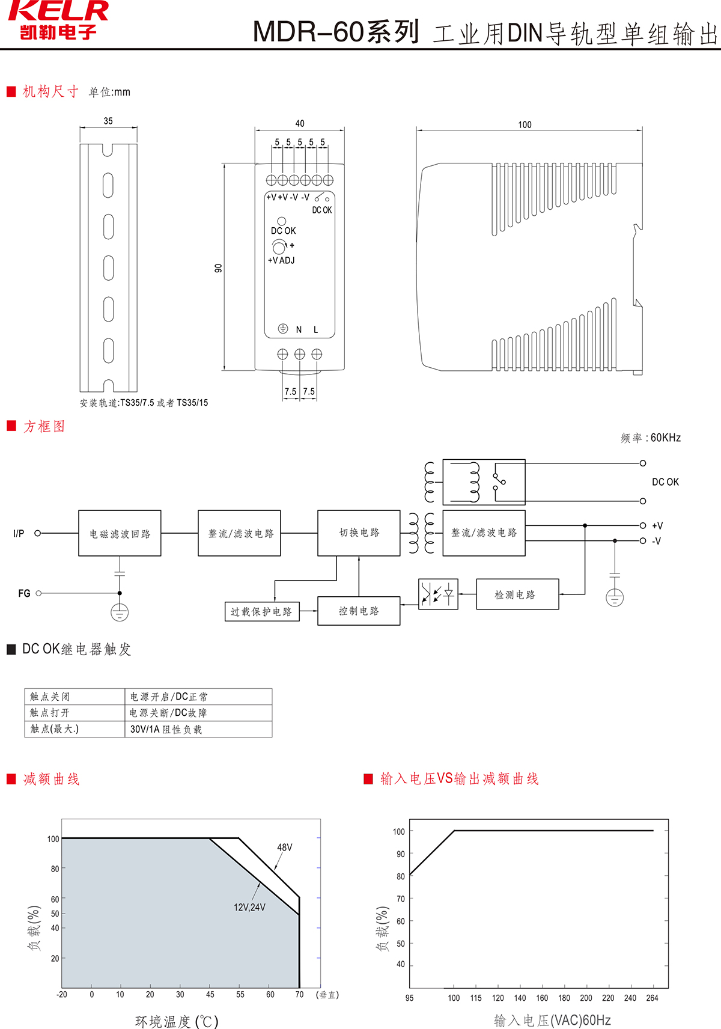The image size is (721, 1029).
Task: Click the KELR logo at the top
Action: point(58,19)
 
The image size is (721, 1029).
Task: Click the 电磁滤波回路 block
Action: point(120,533)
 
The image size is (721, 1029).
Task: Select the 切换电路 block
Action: point(359,533)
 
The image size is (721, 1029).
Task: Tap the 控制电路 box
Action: point(359,611)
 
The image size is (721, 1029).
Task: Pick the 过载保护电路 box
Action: point(261,611)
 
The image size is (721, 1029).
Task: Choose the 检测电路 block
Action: point(517,594)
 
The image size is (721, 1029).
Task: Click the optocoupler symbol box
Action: point(438,594)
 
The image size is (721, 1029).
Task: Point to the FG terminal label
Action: point(24,593)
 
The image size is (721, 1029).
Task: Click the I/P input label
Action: point(19,533)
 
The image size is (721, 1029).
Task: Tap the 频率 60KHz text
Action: point(651,438)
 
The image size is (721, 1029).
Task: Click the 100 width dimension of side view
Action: point(525,124)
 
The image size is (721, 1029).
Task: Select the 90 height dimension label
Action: point(218,267)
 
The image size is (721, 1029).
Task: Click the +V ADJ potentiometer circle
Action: point(279,246)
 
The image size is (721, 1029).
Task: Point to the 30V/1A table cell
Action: point(166,729)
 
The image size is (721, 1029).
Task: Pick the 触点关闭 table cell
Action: point(50,697)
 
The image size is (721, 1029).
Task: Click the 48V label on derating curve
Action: point(285,847)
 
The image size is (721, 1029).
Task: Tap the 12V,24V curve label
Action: point(249,907)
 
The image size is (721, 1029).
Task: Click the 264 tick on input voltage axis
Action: point(652,998)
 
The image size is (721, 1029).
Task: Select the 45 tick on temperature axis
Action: point(210,994)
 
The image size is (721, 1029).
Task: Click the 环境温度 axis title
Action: point(177,1021)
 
